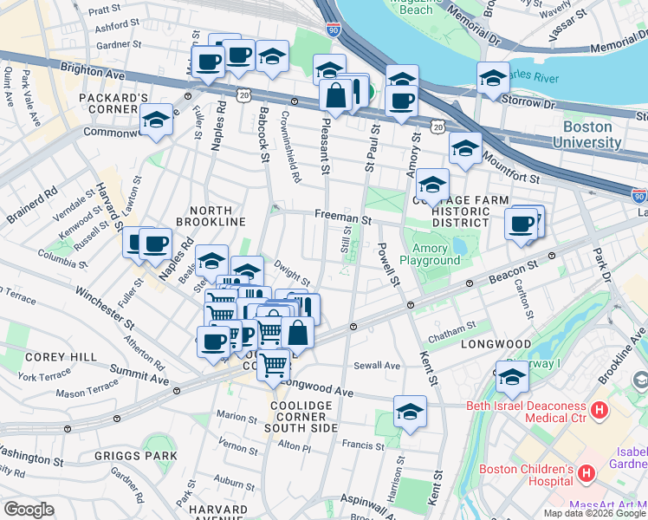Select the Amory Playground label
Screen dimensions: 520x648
coord(430,254)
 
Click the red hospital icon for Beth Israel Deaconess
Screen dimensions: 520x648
coord(598,408)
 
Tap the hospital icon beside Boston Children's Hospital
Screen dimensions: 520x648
coord(586,472)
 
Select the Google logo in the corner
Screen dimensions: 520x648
coord(29,509)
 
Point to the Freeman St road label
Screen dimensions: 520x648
coord(342,219)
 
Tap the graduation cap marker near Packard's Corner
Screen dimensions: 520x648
coord(156,120)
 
